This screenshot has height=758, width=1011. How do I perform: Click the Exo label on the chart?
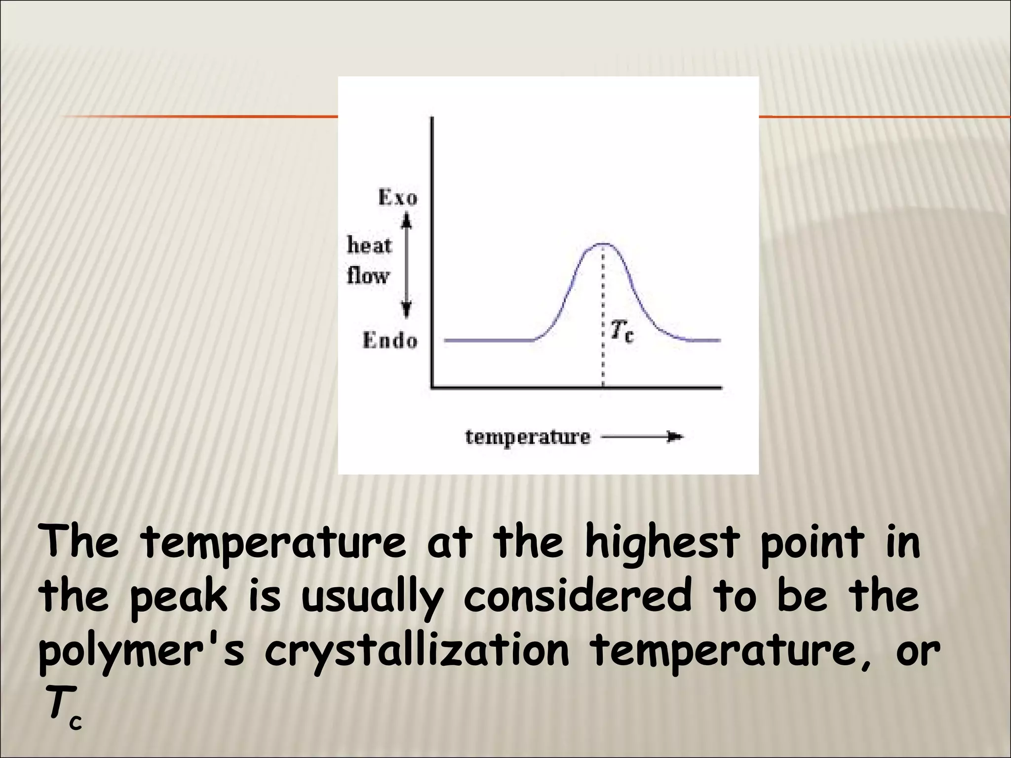[x=397, y=197]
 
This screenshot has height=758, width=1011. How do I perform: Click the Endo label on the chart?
[x=390, y=341]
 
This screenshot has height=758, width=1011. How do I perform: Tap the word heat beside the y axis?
[x=369, y=245]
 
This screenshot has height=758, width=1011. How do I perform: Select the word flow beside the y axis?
[x=368, y=275]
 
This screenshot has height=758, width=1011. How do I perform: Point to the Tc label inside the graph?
[x=622, y=331]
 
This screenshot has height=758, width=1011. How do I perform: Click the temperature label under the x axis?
[x=528, y=437]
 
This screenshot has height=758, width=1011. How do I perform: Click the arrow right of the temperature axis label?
[x=642, y=437]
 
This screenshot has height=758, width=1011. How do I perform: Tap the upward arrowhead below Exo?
[x=406, y=220]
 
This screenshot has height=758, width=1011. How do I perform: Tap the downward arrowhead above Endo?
[x=406, y=310]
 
